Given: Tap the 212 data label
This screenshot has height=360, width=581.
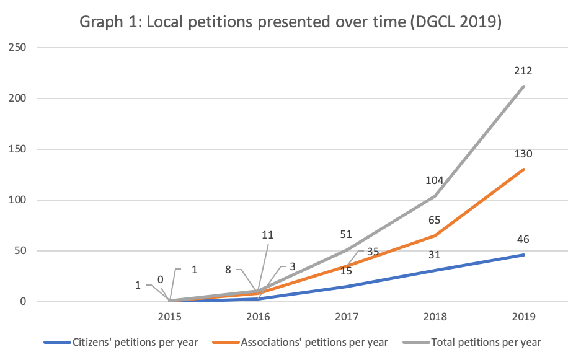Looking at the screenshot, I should [523, 71].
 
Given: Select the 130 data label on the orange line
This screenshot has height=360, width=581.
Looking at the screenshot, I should [523, 154].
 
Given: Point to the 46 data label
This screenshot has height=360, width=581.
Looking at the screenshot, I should [523, 239].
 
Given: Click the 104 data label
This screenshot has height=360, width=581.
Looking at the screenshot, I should [435, 180].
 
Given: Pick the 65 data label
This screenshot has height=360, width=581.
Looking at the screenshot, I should [435, 220].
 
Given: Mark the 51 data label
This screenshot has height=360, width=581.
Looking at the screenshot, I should [346, 234].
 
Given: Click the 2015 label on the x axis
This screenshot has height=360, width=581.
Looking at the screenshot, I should [169, 316].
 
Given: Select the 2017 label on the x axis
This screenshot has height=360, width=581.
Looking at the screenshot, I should [346, 316].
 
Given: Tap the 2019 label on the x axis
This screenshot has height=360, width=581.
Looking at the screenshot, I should [523, 316].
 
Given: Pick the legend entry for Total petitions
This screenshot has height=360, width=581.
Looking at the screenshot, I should [481, 342].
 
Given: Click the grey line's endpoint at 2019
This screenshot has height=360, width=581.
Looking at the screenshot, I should [524, 86].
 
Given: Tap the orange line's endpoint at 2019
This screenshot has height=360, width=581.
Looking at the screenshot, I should [524, 169].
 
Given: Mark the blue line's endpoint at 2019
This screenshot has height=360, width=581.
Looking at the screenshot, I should [524, 255].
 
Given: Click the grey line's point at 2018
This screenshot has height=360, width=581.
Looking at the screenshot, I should [435, 196].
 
